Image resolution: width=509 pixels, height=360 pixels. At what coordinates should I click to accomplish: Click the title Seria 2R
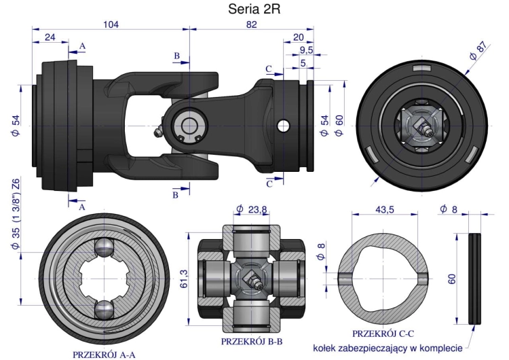(x=254, y=9)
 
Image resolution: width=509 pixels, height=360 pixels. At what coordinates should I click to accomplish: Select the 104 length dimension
(x=111, y=24)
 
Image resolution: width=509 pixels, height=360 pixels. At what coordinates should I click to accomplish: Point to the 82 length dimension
(x=251, y=24)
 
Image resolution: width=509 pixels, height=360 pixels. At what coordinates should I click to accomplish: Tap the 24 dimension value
(x=50, y=37)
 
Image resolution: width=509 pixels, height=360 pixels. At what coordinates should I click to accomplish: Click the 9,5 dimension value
(x=306, y=50)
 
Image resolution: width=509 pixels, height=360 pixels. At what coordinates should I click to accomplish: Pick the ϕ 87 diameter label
(x=478, y=52)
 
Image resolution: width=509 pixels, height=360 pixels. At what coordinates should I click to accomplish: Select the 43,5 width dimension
(x=385, y=210)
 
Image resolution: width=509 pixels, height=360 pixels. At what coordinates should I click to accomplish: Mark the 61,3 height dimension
(x=184, y=278)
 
